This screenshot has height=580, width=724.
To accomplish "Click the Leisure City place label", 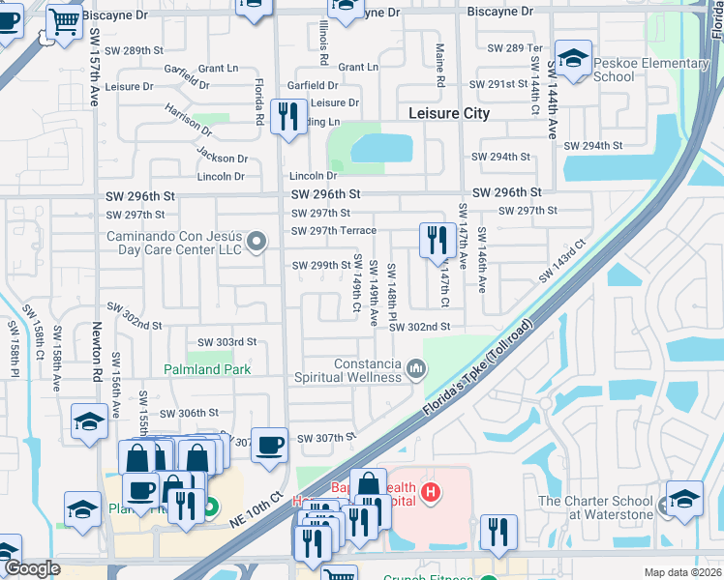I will [x=448, y=113].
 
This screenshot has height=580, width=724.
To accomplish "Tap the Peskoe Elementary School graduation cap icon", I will [x=573, y=59].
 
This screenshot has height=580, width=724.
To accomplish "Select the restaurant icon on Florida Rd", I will [x=288, y=118].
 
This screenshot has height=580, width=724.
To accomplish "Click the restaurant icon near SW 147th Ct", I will [x=437, y=239].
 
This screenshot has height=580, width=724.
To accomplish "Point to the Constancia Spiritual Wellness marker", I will [x=416, y=368].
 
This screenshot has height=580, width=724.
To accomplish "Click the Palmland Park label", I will [x=207, y=369].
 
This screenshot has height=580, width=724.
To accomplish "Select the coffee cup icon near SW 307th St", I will [x=269, y=445].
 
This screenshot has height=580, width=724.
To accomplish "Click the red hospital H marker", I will [x=431, y=494].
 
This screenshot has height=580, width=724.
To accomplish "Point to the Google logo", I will [x=32, y=569].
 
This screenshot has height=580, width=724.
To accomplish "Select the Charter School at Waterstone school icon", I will [x=685, y=498].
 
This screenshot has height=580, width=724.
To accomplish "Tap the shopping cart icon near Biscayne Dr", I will [x=63, y=20].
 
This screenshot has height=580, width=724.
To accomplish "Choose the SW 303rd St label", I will [x=226, y=342].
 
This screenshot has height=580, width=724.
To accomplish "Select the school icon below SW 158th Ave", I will [x=89, y=421].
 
